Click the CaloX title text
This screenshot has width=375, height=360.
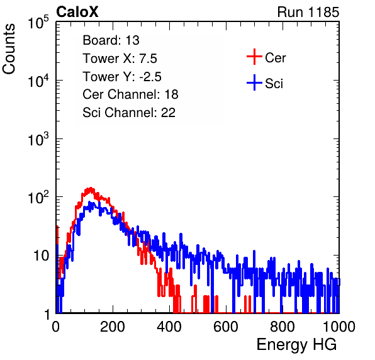(77, 12)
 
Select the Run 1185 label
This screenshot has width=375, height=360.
(308, 12)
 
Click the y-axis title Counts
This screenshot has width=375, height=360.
(9, 49)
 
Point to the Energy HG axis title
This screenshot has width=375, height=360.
(296, 345)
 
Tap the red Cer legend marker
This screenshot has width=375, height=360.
(254, 57)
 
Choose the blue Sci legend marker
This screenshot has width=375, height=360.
(254, 82)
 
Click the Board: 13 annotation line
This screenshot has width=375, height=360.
(111, 40)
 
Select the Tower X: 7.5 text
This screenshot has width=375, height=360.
(120, 59)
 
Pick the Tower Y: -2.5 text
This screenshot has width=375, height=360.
(122, 77)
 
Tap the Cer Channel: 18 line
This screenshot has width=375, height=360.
(130, 94)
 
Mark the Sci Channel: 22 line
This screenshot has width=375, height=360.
(129, 113)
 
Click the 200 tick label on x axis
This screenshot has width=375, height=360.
(113, 327)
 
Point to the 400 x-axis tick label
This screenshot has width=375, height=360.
(169, 327)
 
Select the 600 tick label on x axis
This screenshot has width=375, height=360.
(226, 327)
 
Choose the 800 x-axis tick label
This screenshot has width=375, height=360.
(283, 327)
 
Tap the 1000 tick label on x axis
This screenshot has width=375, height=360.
(339, 327)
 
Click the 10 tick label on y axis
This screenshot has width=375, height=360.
(42, 256)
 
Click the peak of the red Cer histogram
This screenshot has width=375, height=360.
(90, 188)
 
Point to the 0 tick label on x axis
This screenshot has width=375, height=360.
(55, 327)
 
